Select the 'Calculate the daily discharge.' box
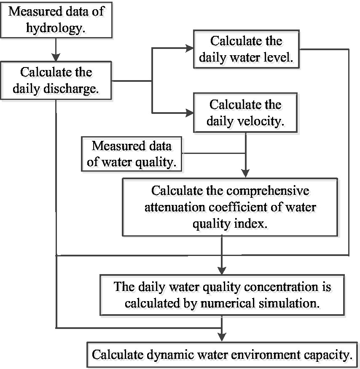click(x=56, y=80)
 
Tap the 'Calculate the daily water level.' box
click(x=246, y=49)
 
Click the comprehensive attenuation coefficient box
click(x=230, y=206)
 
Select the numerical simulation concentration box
click(x=222, y=294)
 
